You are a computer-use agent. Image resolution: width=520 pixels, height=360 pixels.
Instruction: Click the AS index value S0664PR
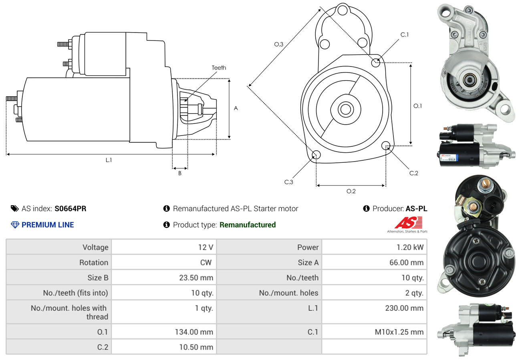[x=71, y=208]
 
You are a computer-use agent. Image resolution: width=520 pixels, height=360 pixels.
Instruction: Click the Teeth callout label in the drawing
[x=219, y=68]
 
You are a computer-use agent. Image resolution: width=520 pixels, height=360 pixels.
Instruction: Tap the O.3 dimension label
[x=279, y=44]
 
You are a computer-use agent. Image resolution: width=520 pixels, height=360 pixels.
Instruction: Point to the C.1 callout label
[x=405, y=34]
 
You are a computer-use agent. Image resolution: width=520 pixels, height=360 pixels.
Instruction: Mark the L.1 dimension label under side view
[x=109, y=160]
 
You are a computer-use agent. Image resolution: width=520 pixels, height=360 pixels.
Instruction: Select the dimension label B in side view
[x=180, y=173]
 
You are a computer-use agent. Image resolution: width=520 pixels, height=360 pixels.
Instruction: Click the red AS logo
[x=408, y=223]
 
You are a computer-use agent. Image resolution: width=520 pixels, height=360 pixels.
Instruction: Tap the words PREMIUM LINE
[x=48, y=225]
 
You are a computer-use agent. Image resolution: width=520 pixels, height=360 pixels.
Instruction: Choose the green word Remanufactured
[x=248, y=225]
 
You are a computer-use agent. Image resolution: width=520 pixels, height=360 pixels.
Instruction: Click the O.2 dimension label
[x=351, y=191]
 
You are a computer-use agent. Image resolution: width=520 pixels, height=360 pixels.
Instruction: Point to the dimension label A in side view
[x=236, y=108]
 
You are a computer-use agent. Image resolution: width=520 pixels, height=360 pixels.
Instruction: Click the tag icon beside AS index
[x=14, y=208]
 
